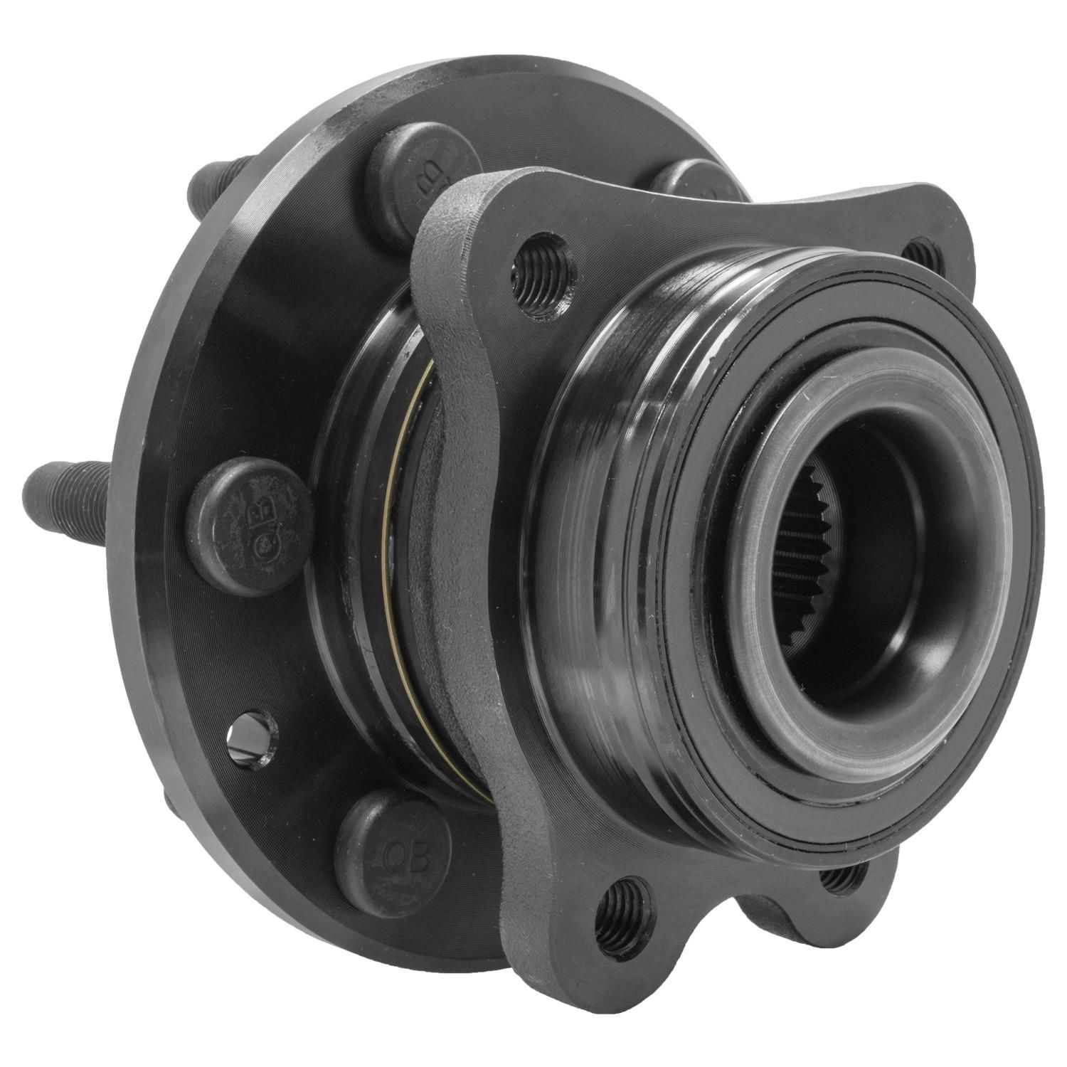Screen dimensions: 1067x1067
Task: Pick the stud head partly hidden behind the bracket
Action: click(x=683, y=181)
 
